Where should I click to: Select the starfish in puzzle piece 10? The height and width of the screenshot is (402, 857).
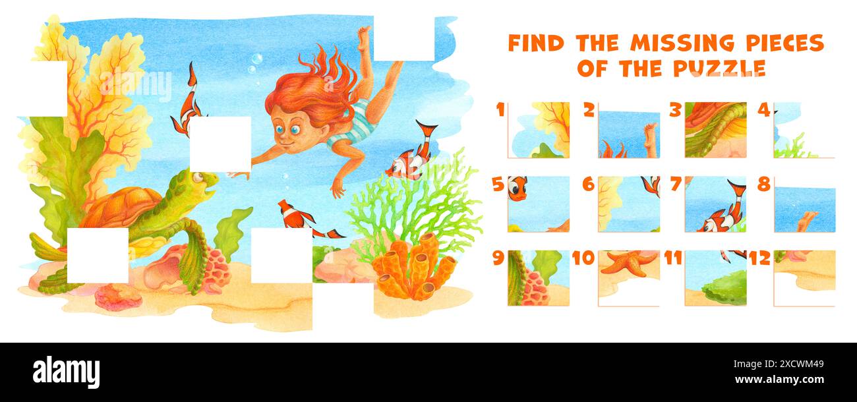pos(628,262)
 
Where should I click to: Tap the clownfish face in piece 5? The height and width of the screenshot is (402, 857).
pos(517,188)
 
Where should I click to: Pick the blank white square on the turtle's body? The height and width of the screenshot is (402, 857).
pos(98,255)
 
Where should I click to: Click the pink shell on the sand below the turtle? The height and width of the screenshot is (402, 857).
pos(118,296)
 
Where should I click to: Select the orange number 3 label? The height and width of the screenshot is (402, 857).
pos(674,110)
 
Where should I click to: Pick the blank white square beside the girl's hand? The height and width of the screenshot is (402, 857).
pos(220,144)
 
